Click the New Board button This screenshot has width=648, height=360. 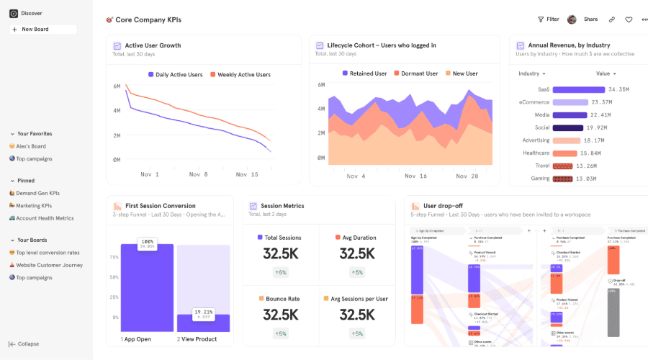(42, 30)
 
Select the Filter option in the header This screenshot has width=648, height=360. (549, 19)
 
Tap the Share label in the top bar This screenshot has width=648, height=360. (590, 19)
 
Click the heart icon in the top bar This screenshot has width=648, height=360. (629, 19)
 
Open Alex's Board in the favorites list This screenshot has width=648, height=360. (31, 146)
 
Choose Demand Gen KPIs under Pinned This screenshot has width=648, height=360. (37, 193)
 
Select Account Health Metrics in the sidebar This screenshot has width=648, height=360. (45, 218)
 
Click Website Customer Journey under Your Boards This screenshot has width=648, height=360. (50, 265)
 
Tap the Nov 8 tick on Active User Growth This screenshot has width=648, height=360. (199, 174)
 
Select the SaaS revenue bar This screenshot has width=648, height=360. (578, 89)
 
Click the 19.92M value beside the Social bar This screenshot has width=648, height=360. (598, 127)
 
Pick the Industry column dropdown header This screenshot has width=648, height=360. (532, 73)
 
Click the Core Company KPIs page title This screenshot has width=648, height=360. (148, 19)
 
